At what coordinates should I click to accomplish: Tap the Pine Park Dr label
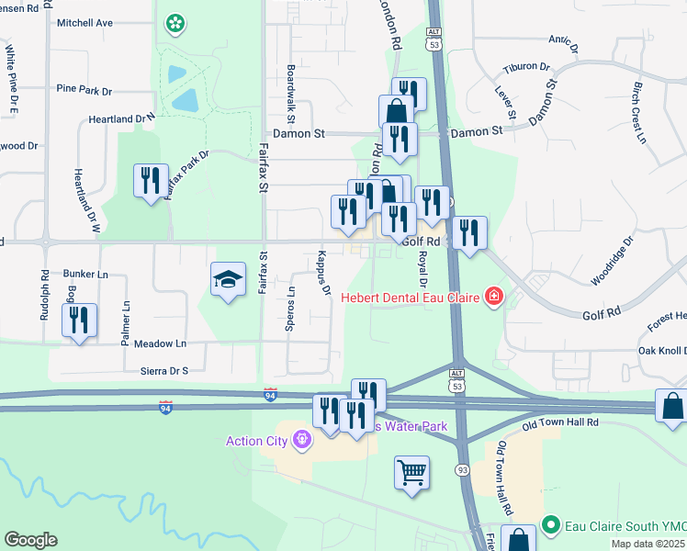point(84,91)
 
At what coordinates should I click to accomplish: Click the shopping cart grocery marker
point(412,474)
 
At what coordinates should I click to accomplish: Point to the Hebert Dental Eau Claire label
point(412,297)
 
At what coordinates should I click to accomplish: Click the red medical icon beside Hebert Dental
point(493,296)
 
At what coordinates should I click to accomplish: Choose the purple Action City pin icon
point(300,441)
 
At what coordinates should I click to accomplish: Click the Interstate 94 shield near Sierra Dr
point(270,395)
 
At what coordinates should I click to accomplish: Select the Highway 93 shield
point(460,470)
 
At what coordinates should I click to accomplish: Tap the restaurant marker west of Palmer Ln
point(79,320)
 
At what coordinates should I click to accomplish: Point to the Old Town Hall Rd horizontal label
point(560,423)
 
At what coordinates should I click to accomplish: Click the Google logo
point(30,540)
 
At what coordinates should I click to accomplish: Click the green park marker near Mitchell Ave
point(174,24)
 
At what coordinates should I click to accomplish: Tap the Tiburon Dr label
point(526,68)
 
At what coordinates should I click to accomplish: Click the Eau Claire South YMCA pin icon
point(551,525)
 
